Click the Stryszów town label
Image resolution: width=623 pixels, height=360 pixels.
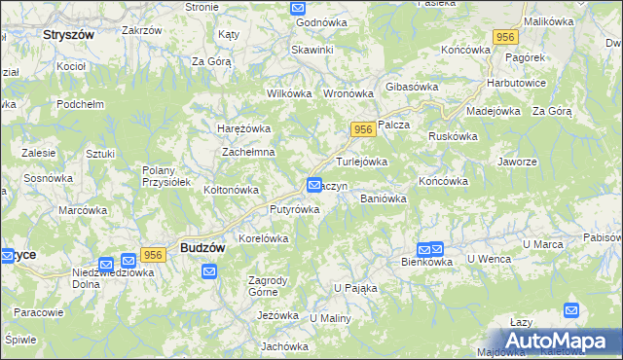pos(68,33)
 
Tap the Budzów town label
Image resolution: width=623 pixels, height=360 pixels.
pos(202,248)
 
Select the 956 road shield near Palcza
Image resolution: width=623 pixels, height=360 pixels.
pos(363,129)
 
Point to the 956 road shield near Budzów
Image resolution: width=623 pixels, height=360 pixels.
pos(152,254)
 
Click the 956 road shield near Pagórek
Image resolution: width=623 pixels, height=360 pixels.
pos(504,37)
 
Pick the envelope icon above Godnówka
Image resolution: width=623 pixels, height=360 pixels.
pos(298,8)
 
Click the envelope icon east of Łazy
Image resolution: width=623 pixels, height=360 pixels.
pos(572,311)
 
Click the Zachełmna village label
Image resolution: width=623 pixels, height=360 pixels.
pos(248,153)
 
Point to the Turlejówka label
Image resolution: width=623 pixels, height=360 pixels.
pos(362,162)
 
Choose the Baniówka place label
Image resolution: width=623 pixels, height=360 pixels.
pos(383,198)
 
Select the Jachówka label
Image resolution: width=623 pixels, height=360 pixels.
pos(284,345)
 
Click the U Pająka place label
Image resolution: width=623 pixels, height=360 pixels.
pos(355,288)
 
